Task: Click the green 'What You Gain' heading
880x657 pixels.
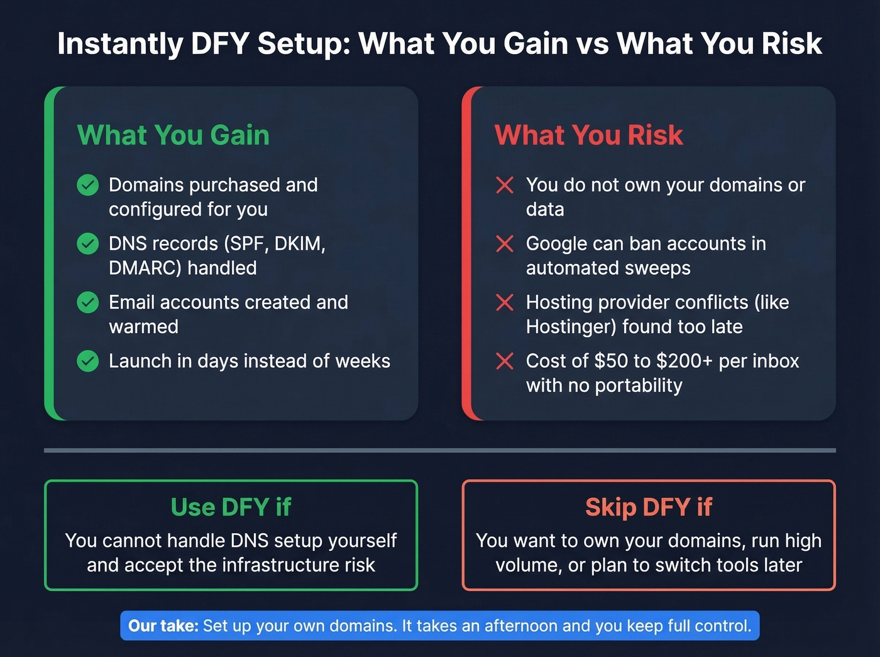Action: point(173,135)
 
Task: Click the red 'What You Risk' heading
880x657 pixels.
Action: point(588,135)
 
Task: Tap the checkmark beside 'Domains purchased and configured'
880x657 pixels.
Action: point(88,185)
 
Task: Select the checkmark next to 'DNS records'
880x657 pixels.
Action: point(88,243)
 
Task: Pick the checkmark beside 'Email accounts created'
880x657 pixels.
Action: point(88,302)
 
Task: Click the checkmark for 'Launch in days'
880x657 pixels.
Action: point(88,361)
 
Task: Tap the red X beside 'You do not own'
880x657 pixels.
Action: point(505,185)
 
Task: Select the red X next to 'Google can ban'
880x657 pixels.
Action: point(505,243)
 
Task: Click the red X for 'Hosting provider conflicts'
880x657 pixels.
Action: point(505,302)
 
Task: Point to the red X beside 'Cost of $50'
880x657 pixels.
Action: point(505,361)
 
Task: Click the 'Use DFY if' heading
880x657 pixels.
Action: point(231,507)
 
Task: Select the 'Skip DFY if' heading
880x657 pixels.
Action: point(649,507)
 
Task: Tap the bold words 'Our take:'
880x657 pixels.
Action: point(163,626)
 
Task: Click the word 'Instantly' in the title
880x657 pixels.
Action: point(119,44)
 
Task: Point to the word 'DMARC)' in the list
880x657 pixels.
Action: point(145,268)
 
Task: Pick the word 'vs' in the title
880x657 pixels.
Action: point(594,44)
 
